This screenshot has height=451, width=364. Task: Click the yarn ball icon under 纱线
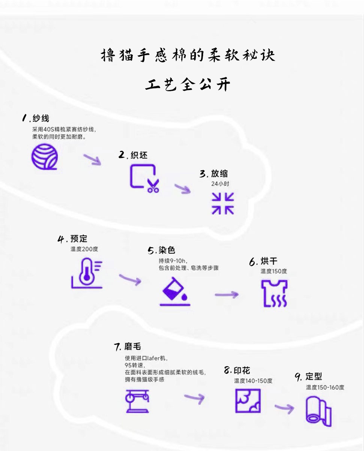44,156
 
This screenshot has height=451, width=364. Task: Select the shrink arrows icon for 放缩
223,203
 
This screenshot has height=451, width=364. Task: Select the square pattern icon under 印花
248,400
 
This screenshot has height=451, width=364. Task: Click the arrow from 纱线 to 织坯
92,159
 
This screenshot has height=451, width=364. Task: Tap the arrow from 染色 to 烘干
227,294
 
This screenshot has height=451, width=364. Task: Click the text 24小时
220,184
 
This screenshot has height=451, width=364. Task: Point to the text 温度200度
84,249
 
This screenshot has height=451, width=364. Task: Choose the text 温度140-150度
253,381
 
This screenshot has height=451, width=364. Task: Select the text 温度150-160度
325,387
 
